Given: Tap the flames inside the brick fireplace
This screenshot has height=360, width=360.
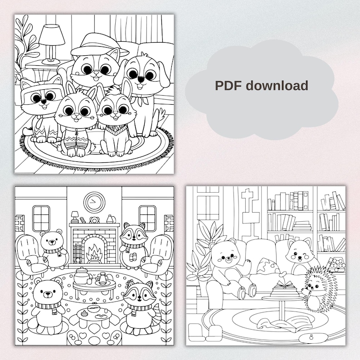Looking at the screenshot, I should tap(94, 252).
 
